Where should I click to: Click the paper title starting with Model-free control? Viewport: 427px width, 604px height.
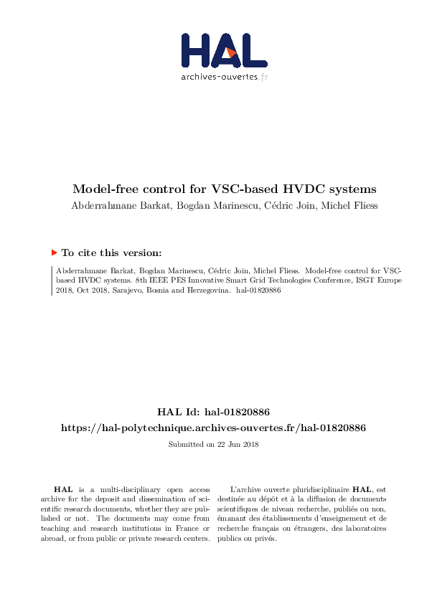pos(224,190)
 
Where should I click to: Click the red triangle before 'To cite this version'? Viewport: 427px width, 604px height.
pos(54,253)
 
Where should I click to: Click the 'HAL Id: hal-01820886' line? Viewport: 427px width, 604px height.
pos(213,412)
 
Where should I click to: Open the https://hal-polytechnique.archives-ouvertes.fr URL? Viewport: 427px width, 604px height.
pos(213,428)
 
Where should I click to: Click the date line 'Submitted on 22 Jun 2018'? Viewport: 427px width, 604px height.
pos(213,445)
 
